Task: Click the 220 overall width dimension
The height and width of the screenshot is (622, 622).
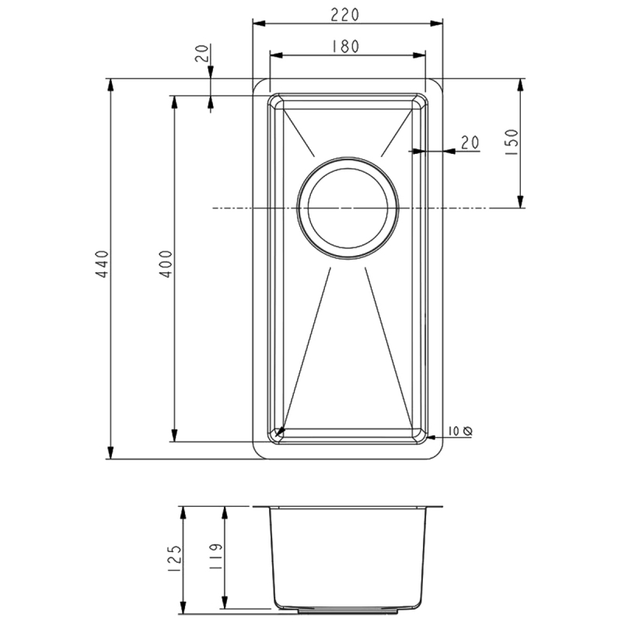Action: point(344,15)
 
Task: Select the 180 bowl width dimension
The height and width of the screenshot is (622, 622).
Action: point(345,47)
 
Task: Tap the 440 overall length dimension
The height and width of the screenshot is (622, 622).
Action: point(103,264)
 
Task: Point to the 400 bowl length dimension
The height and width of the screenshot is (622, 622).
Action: point(166,264)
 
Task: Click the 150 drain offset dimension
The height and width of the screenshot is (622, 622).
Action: point(512,142)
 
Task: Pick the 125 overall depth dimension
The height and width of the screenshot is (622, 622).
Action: point(175,559)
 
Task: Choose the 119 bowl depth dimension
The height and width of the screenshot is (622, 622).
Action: point(215,557)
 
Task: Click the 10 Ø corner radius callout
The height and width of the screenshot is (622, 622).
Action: point(460,431)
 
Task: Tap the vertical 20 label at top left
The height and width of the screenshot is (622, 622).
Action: point(202,53)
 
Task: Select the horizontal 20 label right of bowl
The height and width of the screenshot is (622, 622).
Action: point(470,142)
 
